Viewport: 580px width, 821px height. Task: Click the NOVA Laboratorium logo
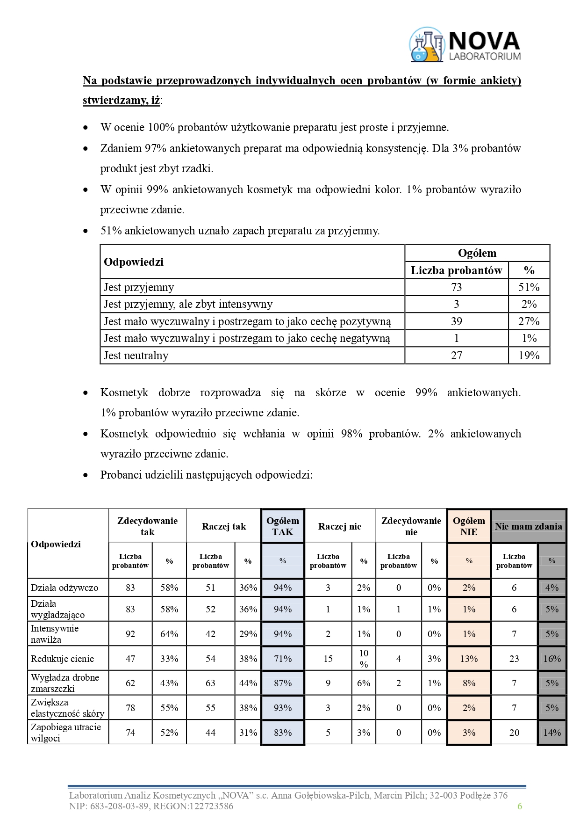pyautogui.click(x=465, y=45)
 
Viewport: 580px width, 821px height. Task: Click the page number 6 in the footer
pyautogui.click(x=519, y=806)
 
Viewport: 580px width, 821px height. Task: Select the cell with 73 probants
pyautogui.click(x=456, y=287)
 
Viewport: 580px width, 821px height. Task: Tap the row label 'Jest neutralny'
pyautogui.click(x=136, y=356)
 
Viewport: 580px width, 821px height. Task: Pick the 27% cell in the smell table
pyautogui.click(x=529, y=321)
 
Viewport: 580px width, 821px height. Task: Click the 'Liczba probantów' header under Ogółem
pyautogui.click(x=456, y=270)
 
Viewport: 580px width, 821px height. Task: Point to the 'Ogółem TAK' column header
pyautogui.click(x=283, y=526)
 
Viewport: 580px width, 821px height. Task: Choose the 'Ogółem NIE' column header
pyautogui.click(x=469, y=526)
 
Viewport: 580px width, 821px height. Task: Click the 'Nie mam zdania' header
pyautogui.click(x=528, y=526)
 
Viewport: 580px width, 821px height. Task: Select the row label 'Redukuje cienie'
pyautogui.click(x=63, y=659)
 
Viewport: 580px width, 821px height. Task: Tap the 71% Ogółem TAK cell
pyautogui.click(x=283, y=659)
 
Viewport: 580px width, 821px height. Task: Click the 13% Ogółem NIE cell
pyautogui.click(x=469, y=659)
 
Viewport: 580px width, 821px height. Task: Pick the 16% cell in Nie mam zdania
pyautogui.click(x=552, y=659)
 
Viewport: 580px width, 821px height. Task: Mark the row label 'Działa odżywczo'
pyautogui.click(x=64, y=588)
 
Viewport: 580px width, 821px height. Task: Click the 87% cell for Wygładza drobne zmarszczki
pyautogui.click(x=283, y=683)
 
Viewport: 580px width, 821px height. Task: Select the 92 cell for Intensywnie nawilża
pyautogui.click(x=130, y=634)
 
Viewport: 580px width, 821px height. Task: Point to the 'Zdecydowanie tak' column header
pyautogui.click(x=147, y=526)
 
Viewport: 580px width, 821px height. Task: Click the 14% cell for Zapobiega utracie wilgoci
pyautogui.click(x=552, y=733)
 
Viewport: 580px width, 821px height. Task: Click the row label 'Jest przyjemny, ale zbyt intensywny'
pyautogui.click(x=188, y=305)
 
